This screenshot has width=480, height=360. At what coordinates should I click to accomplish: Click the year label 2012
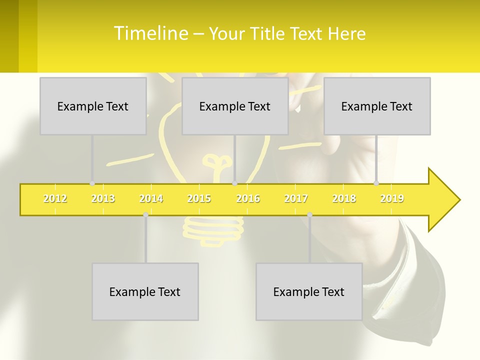[x=55, y=199]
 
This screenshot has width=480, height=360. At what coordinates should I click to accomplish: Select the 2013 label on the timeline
[x=103, y=199]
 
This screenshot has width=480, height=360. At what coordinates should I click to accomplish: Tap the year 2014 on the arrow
[x=151, y=199]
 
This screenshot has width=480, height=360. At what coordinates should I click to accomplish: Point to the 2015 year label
[x=199, y=199]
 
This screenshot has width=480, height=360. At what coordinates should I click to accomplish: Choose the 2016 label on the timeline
[x=248, y=199]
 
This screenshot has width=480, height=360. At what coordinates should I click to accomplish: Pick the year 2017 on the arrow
[x=296, y=199]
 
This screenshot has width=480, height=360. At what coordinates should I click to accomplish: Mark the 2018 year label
[x=344, y=199]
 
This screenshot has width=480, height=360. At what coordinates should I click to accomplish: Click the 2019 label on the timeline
[x=392, y=199]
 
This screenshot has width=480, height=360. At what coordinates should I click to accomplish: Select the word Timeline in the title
[x=150, y=33]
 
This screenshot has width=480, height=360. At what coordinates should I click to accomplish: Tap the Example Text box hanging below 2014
[x=145, y=291]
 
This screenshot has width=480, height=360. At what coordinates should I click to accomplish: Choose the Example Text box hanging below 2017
[x=309, y=291]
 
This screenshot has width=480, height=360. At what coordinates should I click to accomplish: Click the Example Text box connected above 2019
[x=377, y=106]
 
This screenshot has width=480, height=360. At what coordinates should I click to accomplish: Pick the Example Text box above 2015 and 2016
[x=235, y=106]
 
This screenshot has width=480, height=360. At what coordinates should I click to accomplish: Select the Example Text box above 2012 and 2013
[x=93, y=106]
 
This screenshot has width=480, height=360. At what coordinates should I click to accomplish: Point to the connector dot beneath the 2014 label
[x=145, y=214]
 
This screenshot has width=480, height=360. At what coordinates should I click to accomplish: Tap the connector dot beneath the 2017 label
[x=309, y=214]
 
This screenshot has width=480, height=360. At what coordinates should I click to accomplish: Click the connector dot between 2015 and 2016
[x=235, y=183]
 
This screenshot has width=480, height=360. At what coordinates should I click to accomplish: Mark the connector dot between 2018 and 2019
[x=376, y=183]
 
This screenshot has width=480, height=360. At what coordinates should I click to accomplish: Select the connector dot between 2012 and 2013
[x=92, y=183]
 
